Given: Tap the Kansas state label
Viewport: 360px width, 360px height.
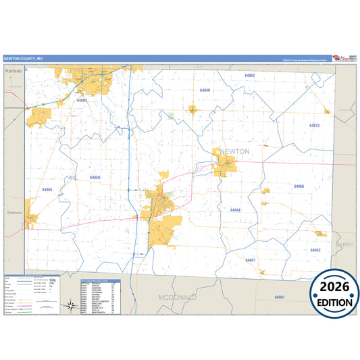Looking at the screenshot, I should (x=13, y=70).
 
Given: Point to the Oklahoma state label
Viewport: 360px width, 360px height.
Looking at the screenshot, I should (x=15, y=213).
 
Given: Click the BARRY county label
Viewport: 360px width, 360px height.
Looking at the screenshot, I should (x=344, y=245).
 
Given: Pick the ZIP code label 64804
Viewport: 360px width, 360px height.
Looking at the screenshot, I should (x=82, y=100).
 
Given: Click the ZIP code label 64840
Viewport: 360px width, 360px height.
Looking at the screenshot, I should (x=205, y=90).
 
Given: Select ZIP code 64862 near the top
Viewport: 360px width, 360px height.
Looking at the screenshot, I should (x=250, y=76).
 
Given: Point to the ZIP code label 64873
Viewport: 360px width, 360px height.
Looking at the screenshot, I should (x=314, y=126).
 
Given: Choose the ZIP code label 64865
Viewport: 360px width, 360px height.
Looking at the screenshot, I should (x=47, y=190).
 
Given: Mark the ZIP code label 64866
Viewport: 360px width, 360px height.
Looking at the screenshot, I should (x=299, y=186).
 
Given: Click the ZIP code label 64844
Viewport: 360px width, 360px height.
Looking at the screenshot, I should (x=235, y=210).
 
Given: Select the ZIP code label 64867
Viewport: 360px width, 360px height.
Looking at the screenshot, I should (x=250, y=259).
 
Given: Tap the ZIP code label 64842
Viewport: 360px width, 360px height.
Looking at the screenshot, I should (x=315, y=250).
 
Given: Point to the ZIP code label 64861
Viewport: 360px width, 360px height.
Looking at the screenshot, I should (x=280, y=297).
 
